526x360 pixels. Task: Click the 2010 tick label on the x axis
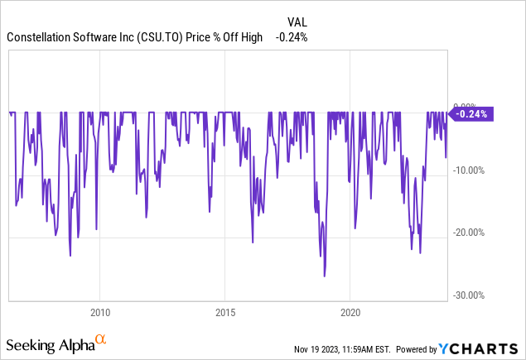[x=99, y=314]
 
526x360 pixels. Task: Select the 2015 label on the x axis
[x=225, y=314]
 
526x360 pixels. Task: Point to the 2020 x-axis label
[x=350, y=314]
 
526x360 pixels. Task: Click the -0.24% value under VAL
[x=292, y=37]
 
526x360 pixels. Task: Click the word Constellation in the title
[x=41, y=37]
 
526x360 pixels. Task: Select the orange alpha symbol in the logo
[x=100, y=339]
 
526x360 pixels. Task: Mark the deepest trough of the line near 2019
[x=325, y=276]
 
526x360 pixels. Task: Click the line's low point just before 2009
[x=70, y=256]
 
